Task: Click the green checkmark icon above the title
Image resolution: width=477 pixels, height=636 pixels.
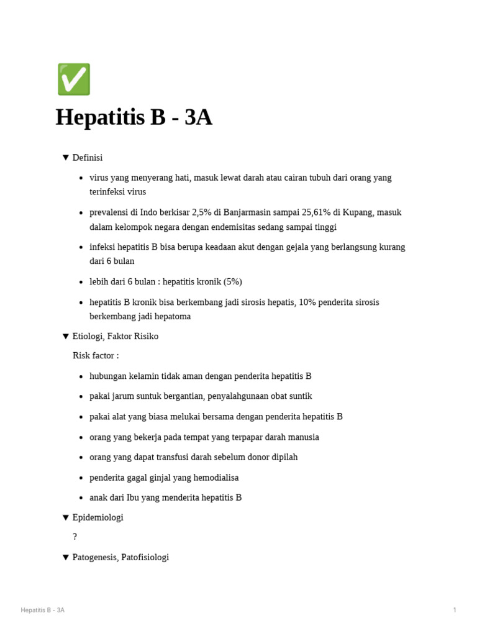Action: (74, 79)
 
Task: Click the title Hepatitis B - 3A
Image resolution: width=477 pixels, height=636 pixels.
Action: (134, 117)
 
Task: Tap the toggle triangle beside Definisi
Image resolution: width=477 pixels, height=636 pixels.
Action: (65, 158)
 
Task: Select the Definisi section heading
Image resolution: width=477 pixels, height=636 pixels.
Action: (88, 158)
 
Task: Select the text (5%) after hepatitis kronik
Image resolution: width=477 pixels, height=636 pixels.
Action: (232, 282)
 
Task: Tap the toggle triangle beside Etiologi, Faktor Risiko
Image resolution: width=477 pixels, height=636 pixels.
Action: (65, 336)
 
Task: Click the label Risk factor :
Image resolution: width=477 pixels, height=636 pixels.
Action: (96, 356)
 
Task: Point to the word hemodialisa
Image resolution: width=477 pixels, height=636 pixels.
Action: (216, 478)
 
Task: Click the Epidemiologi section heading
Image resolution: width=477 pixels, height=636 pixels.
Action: (98, 517)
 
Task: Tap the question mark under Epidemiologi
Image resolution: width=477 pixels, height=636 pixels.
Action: (75, 537)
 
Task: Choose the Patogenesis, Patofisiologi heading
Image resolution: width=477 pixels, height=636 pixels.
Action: (120, 558)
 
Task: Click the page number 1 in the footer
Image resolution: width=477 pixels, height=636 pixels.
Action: (455, 610)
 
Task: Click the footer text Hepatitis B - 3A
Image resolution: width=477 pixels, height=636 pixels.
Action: (42, 610)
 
